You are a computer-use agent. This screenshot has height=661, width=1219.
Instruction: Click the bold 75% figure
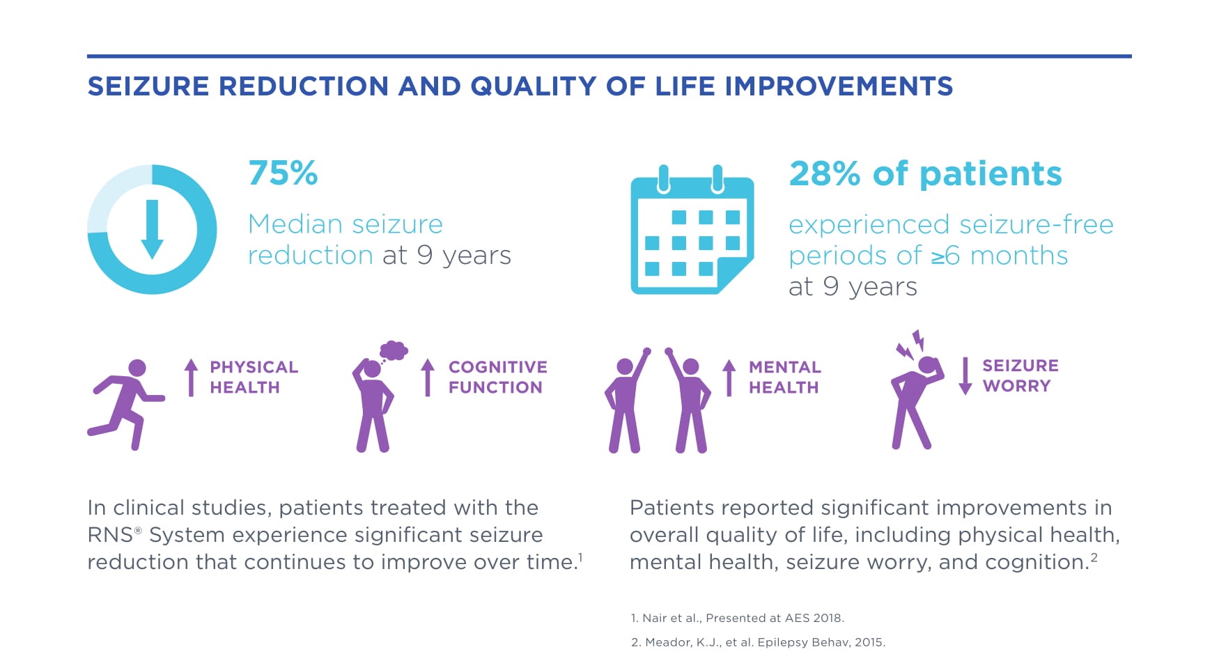[x=283, y=173]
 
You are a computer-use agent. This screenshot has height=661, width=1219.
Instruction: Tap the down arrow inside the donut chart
[x=153, y=229]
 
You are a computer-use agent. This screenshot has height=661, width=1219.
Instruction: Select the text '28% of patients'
[x=925, y=173]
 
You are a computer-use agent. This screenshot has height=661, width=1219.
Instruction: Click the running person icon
[x=125, y=405]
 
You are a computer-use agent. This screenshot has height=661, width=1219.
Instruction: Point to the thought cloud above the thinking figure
[x=394, y=350]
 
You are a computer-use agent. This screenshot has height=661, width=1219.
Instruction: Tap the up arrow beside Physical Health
[x=191, y=377]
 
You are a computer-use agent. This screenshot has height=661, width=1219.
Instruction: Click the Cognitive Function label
[x=497, y=377]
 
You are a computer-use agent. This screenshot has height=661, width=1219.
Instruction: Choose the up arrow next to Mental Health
[x=729, y=377]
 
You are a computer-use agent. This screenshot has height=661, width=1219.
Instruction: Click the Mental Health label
[x=784, y=377]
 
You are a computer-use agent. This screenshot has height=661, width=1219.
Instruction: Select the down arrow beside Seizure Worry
[x=965, y=376]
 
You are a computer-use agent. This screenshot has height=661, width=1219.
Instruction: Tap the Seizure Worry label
[x=1020, y=375]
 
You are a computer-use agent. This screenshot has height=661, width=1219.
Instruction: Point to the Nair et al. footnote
[x=737, y=618]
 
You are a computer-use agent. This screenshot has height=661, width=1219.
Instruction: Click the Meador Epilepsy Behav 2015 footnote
[x=758, y=642]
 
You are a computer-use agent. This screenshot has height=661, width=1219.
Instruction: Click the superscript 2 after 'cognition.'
[x=1094, y=557]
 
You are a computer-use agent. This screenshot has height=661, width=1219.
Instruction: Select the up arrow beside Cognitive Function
[x=428, y=377]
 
